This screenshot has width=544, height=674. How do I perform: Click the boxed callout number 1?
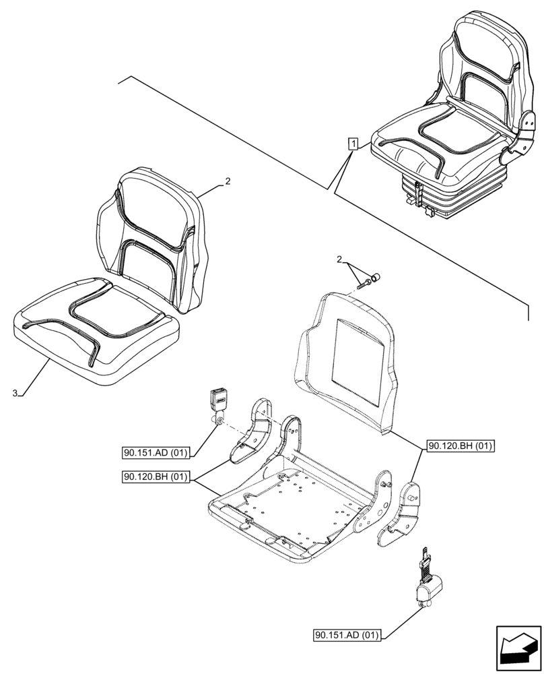[x=353, y=143]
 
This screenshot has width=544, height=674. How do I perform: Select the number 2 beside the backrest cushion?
[x=228, y=181]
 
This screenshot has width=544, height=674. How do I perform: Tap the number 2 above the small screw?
[x=339, y=259]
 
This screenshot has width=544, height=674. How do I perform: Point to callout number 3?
[x=15, y=392]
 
